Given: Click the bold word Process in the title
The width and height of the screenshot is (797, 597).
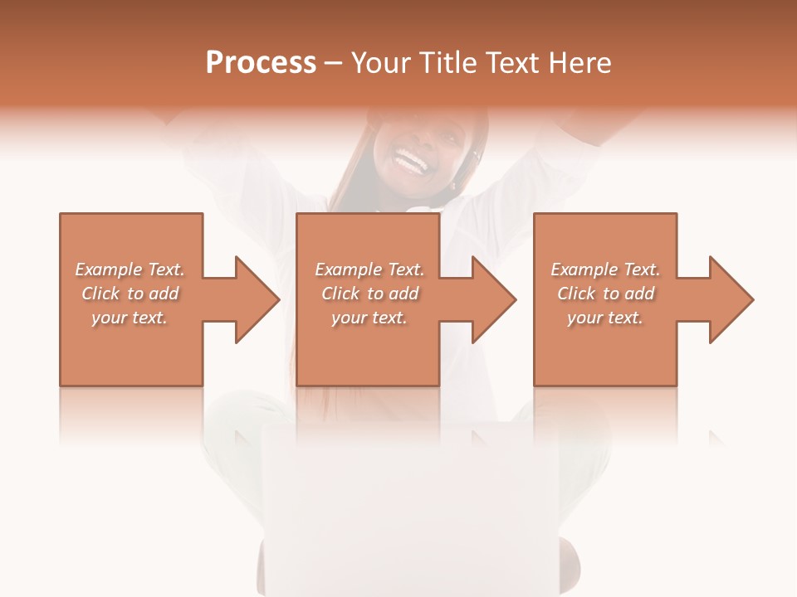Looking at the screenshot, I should click(261, 63).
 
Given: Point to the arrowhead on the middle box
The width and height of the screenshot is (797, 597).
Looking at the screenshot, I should click(493, 299).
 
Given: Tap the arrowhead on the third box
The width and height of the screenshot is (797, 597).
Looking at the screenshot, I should click(731, 299).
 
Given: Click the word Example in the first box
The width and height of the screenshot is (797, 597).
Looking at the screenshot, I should click(109, 269).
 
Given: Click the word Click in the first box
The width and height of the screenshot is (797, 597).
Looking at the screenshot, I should click(101, 294).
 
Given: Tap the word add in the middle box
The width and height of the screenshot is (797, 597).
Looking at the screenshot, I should click(403, 294).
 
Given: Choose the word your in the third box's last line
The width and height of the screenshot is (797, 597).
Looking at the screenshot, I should click(584, 318).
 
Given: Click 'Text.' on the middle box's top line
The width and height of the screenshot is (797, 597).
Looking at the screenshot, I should click(405, 269).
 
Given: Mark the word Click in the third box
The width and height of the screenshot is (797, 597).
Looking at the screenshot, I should click(577, 294).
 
